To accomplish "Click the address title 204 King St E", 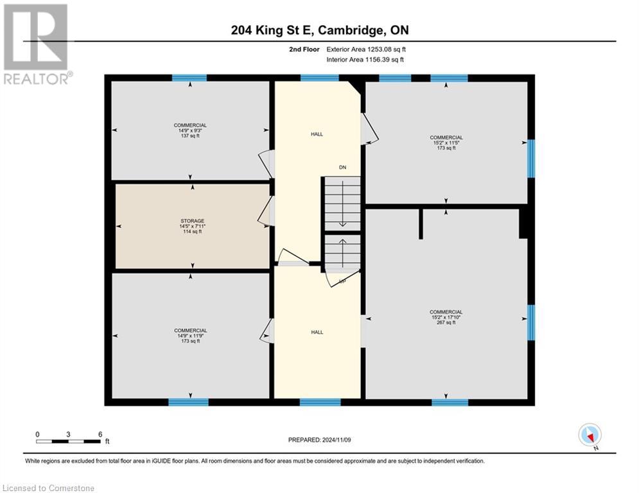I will point(319,30).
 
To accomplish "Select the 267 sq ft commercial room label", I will point(446,317).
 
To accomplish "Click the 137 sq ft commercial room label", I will point(190,130).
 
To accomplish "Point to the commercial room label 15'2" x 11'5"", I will point(446,143).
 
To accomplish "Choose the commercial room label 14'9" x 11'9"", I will point(190,336).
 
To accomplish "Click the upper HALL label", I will point(317,134).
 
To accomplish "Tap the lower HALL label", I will point(317,332).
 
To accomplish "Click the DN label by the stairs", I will point(343,168).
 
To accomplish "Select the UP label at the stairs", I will point(342,281).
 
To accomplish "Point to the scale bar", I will point(69,441).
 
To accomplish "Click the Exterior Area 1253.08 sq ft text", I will point(365,49).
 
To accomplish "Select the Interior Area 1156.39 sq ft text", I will point(365,60).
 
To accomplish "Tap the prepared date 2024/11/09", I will point(320,440).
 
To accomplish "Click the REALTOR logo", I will point(36,44).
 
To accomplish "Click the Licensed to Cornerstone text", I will point(48,488).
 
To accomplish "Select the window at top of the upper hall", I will point(319,78).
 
